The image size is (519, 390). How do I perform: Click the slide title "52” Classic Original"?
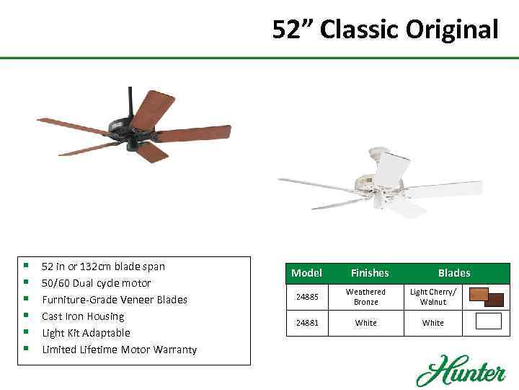click(x=385, y=30)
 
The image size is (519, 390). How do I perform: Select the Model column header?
click(x=306, y=273)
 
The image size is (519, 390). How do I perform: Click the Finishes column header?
click(x=369, y=273)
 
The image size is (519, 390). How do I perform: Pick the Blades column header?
click(x=453, y=273)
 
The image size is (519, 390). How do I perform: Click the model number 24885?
click(x=307, y=297)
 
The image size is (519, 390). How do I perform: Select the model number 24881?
click(x=307, y=323)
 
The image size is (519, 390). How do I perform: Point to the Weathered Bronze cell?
click(x=365, y=297)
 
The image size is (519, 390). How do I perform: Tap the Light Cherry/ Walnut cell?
click(x=433, y=297)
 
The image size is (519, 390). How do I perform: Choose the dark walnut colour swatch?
click(x=494, y=300)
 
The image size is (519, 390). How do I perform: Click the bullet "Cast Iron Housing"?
click(x=83, y=316)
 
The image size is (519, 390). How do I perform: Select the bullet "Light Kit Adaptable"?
click(x=86, y=333)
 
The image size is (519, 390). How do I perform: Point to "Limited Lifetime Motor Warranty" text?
click(x=119, y=350)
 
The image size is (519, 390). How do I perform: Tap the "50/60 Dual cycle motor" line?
click(x=96, y=283)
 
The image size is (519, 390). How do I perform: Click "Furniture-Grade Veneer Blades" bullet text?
click(x=114, y=300)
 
